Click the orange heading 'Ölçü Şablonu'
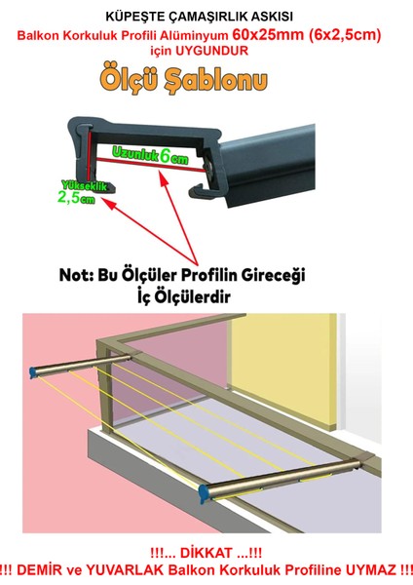pyautogui.click(x=206, y=81)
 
